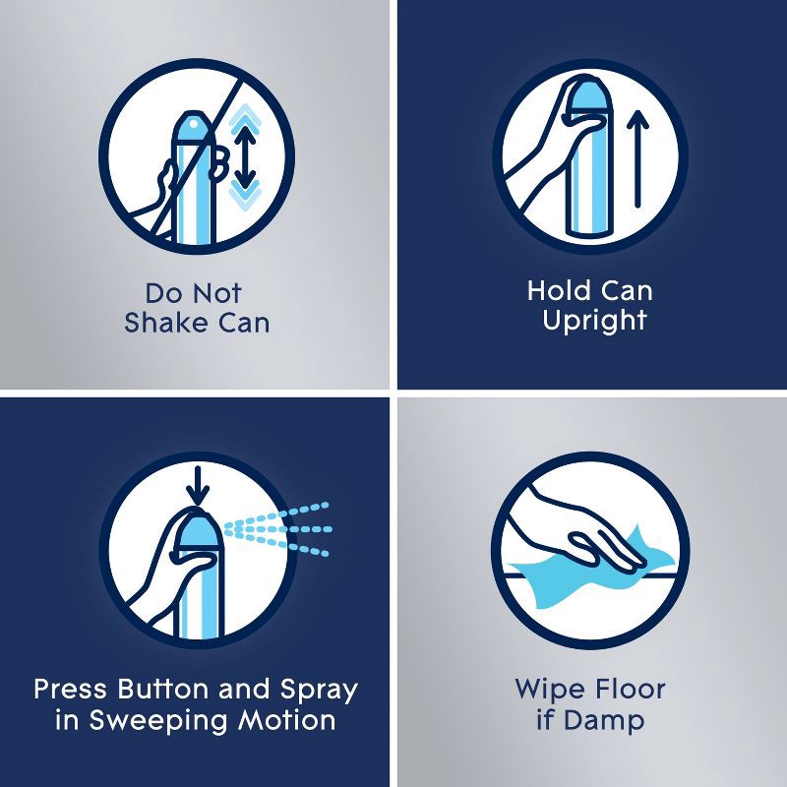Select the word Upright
click(594, 321)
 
